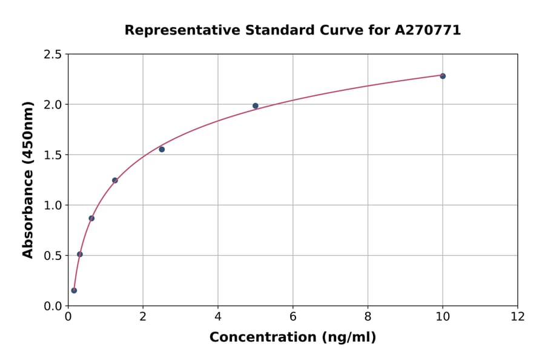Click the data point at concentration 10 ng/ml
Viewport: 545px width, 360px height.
(x=443, y=76)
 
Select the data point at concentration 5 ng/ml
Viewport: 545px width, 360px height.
(x=256, y=106)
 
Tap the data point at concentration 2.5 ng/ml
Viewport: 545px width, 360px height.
(x=162, y=149)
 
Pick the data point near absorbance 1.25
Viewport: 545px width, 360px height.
(x=115, y=180)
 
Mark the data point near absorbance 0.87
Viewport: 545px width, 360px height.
(x=91, y=218)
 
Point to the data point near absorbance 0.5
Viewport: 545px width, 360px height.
(x=80, y=255)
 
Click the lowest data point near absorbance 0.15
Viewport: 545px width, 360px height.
(x=74, y=290)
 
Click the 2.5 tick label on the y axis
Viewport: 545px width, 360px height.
(x=53, y=55)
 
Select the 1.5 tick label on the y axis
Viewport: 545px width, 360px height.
(x=53, y=155)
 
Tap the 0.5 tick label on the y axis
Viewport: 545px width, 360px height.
(x=53, y=256)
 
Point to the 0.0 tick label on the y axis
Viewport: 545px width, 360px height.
(x=53, y=306)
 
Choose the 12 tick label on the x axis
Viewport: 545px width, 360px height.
(x=518, y=317)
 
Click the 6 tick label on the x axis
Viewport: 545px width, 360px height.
(x=293, y=317)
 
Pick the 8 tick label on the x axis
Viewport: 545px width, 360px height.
(x=368, y=317)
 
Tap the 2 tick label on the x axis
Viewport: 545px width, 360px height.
(x=143, y=317)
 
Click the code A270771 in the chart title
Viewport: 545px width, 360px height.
(x=428, y=30)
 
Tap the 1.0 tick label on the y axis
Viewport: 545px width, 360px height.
(x=53, y=205)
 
